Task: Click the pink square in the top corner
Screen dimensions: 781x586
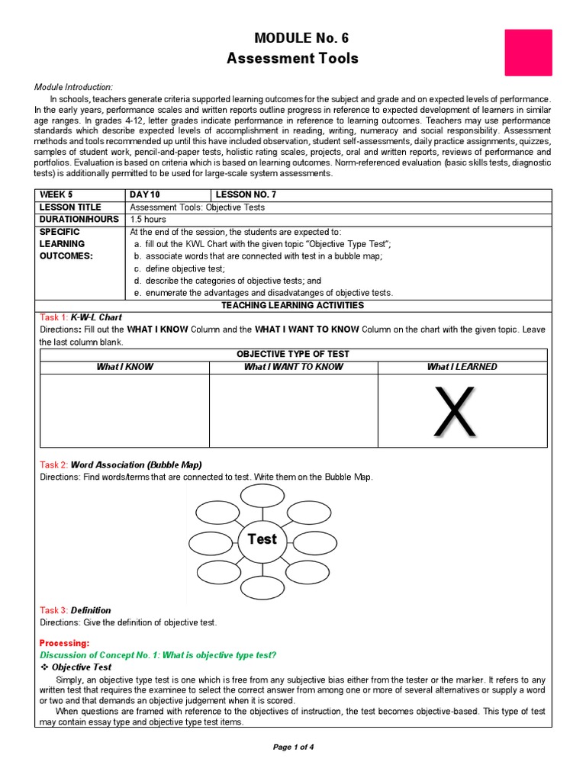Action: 528,53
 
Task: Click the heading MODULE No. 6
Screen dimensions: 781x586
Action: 292,38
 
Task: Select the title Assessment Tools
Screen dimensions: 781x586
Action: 292,59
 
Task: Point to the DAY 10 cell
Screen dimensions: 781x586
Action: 145,194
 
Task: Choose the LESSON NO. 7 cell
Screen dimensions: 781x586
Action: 246,194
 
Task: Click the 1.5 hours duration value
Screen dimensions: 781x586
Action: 148,219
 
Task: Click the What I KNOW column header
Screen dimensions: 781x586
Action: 124,367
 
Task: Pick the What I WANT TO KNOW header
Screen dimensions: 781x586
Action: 293,367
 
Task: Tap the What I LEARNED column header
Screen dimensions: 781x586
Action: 462,367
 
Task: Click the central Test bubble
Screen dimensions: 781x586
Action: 262,539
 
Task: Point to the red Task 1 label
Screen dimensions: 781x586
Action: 53,317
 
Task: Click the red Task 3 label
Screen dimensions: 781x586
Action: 53,610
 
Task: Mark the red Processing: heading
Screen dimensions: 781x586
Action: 64,643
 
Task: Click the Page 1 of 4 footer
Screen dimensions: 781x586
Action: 293,747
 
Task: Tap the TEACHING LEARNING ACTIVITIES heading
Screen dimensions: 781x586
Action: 292,305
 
